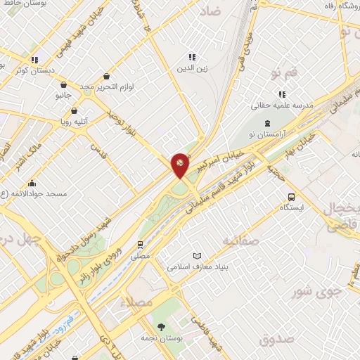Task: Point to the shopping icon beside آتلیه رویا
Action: tap(75, 110)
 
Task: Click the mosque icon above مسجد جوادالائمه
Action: tap(32, 183)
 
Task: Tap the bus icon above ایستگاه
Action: tap(291, 197)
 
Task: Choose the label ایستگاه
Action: tap(291, 208)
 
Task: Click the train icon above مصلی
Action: tap(140, 245)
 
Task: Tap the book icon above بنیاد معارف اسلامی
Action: tap(198, 255)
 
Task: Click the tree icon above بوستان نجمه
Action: tap(161, 326)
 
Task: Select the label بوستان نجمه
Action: tap(161, 337)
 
